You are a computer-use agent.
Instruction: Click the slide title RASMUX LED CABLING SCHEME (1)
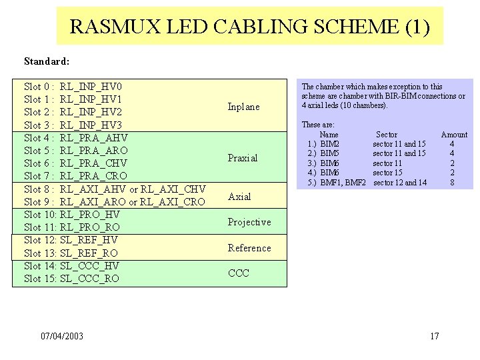250,27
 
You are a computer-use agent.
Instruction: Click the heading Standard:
47,61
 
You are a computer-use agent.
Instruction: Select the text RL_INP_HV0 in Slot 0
91,87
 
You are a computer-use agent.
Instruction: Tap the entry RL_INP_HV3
91,125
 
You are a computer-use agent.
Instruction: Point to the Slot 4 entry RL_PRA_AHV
93,138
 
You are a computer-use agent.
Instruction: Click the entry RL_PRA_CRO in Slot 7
93,177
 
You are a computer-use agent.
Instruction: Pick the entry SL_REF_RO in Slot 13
89,253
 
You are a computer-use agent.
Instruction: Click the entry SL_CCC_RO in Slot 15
89,279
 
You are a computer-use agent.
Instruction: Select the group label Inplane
243,107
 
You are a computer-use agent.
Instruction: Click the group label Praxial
243,158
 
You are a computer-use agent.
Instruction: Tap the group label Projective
249,222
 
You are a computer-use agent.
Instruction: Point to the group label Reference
249,248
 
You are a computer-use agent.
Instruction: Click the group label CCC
238,273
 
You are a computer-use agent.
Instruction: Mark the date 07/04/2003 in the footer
62,336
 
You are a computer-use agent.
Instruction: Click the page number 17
435,336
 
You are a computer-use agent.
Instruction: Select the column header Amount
454,135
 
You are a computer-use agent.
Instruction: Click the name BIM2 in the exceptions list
330,144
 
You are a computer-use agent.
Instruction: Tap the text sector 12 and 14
400,183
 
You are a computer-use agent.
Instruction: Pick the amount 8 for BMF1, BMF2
452,183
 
